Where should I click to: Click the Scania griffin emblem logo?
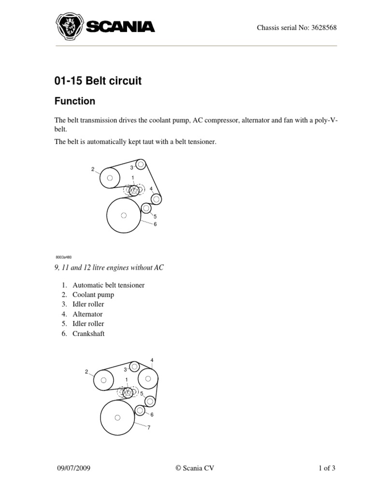(69, 27)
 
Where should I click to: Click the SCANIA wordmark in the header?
(120, 27)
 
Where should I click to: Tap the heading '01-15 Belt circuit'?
(98, 81)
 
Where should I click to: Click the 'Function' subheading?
(75, 102)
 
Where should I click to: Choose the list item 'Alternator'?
(87, 314)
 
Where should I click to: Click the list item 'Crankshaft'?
(88, 334)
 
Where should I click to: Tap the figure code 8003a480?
(63, 257)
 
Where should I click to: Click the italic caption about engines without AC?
(109, 267)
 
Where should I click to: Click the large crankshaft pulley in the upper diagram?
(124, 215)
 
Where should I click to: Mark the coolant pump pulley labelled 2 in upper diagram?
(110, 178)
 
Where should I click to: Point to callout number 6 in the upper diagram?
(155, 224)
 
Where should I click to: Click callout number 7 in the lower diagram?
(149, 427)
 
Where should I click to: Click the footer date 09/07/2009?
(73, 468)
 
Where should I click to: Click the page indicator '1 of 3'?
(327, 468)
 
